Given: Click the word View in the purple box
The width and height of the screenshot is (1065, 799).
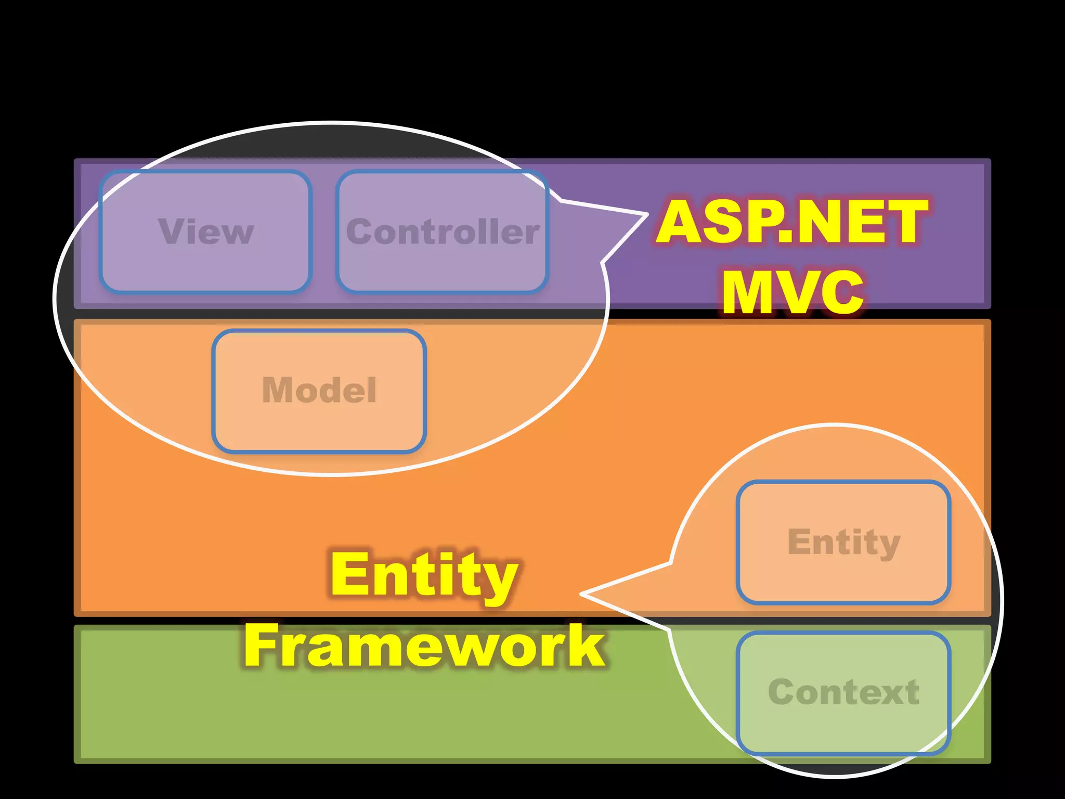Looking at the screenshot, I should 206,231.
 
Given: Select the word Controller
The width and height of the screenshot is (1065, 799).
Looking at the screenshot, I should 443,231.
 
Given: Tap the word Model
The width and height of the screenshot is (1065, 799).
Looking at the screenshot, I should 319,390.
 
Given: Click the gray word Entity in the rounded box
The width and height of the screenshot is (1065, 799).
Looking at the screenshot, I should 843,542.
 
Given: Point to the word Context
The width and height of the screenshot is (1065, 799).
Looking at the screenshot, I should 843,692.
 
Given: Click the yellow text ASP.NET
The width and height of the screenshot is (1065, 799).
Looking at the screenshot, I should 791,223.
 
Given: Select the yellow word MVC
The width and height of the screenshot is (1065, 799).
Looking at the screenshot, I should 793,292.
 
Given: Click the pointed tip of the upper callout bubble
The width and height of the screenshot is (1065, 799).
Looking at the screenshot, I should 647,214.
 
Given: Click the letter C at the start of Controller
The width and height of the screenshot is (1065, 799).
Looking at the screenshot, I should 359,231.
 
